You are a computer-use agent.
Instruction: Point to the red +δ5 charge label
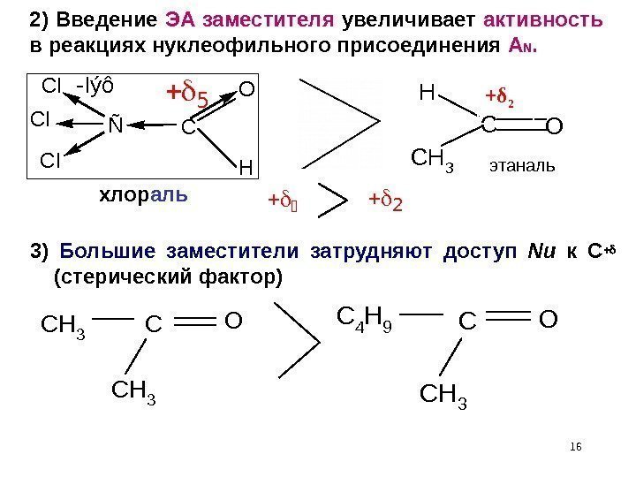[188, 95]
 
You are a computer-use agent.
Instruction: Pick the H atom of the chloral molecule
[246, 166]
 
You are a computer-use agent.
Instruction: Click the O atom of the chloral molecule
[247, 89]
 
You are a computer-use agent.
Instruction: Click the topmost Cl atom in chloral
[53, 87]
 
